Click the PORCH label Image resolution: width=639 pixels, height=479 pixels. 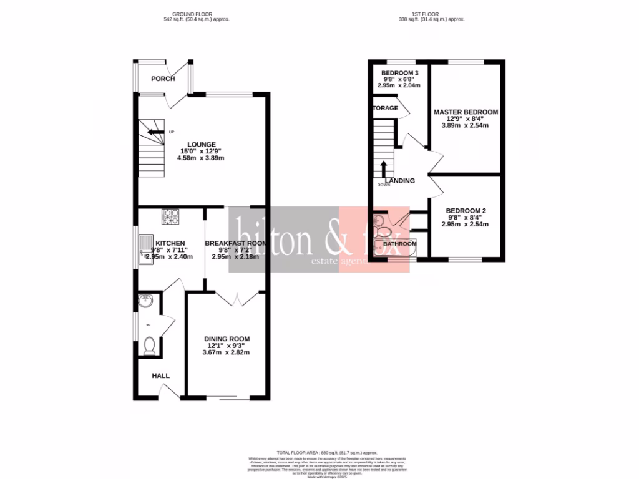coord(163,79)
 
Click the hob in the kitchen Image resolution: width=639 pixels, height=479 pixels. coord(171,216)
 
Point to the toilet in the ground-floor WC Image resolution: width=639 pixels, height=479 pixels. coord(149,346)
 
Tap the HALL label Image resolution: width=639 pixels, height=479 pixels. coord(161,375)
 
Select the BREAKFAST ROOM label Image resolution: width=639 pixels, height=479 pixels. coord(235,243)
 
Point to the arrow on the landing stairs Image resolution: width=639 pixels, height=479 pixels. coord(383,168)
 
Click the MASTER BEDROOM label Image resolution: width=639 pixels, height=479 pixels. coord(466,112)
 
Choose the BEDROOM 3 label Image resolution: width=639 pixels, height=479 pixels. coord(399,73)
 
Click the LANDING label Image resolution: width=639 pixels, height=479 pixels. coord(399,181)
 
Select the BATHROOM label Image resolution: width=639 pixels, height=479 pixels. coord(399,243)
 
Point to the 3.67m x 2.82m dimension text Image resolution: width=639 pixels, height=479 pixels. coord(226,352)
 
